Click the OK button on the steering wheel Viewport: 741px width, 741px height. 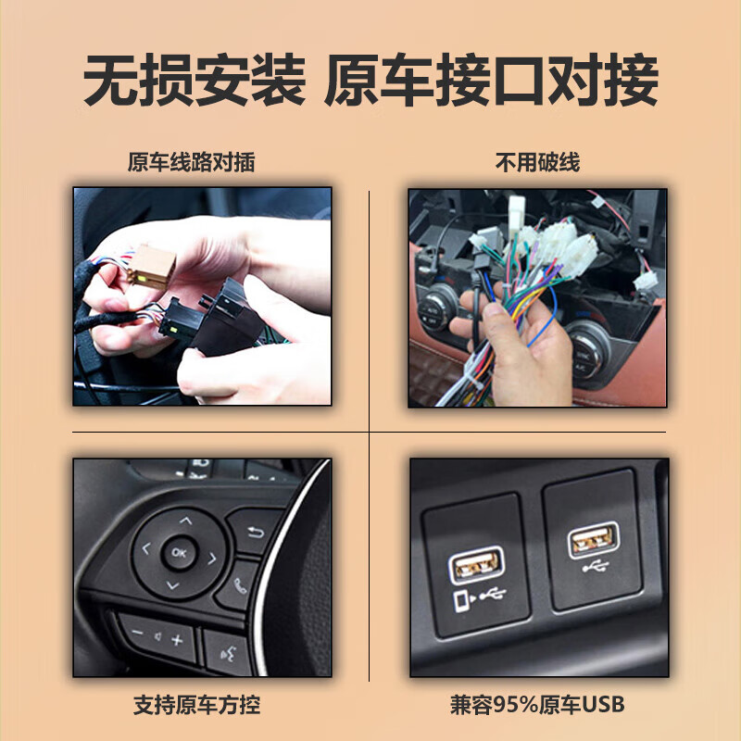tap(179, 553)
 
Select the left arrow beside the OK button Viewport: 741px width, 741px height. tap(145, 549)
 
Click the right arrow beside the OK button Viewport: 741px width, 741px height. tap(212, 558)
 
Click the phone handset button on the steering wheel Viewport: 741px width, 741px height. tap(241, 585)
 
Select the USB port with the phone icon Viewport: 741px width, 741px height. tap(478, 562)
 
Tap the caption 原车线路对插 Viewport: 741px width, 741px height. tap(191, 163)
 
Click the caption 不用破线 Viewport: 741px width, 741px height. tap(537, 163)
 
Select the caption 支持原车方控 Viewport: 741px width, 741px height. tap(196, 705)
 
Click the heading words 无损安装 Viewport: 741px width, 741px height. tap(194, 82)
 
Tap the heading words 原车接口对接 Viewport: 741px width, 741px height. tap(491, 82)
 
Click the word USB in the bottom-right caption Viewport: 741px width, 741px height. tap(606, 705)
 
